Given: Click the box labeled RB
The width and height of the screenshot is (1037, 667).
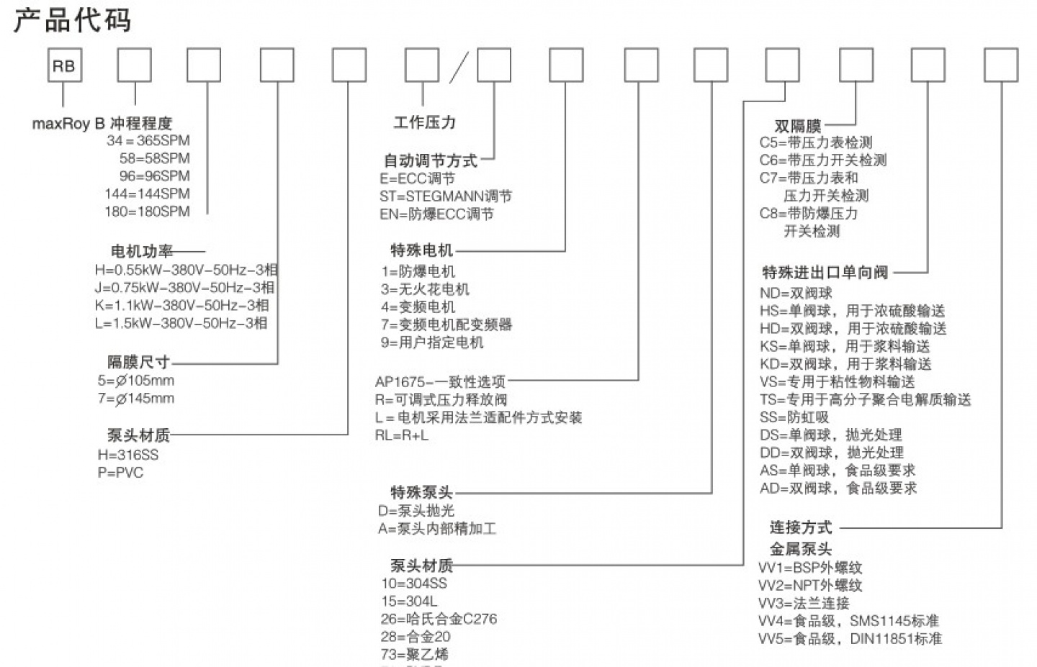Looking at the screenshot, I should pos(63,66).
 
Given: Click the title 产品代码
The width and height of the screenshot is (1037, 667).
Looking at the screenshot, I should pos(72,19).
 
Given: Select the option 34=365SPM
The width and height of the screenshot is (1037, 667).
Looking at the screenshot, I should pos(148,141).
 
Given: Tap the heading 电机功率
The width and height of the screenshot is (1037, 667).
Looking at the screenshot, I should pos(142,251).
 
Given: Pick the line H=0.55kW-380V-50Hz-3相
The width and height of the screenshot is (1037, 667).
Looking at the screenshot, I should pos(186,270).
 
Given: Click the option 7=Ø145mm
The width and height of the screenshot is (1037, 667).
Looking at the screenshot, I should pos(136,399).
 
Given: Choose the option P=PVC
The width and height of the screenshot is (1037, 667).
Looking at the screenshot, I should pos(120,473).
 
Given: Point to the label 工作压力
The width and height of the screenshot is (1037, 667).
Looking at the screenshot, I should pos(424,122).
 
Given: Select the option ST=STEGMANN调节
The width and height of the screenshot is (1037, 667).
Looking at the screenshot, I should pos(446,196).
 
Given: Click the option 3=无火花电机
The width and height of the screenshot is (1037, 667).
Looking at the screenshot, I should pos(425,289).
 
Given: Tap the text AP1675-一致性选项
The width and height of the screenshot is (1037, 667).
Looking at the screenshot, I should pos(440,382).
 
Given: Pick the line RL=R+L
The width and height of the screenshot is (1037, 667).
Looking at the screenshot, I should pos(402,435).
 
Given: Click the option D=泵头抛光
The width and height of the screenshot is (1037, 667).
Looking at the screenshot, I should pos(416,511).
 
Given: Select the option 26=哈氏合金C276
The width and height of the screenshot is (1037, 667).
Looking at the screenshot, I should pos(439,619).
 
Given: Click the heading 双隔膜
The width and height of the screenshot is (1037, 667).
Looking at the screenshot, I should pos(798,127).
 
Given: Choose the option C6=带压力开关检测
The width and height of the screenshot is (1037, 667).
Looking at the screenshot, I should pos(822,160).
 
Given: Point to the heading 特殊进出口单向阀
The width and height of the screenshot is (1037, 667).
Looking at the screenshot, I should pos(825,273).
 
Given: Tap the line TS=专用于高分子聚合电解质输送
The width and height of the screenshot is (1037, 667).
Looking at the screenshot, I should pos(865,400).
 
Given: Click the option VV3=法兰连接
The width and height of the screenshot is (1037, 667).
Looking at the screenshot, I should pos(804,603).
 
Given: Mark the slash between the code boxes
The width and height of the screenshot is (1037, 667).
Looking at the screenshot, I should pos(459,67).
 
